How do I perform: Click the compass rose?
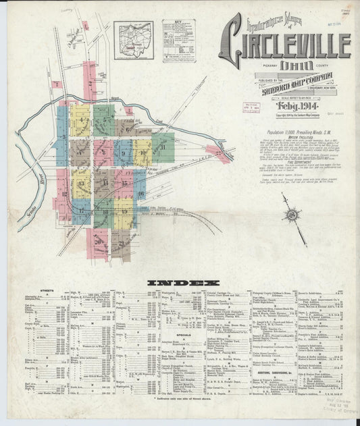tap(294, 215)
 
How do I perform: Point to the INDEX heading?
tap(180, 282)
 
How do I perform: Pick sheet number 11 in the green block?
tap(163, 147)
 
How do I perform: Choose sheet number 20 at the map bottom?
tap(97, 241)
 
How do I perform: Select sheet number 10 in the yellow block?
tap(143, 153)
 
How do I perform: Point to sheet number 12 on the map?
tap(65, 194)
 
